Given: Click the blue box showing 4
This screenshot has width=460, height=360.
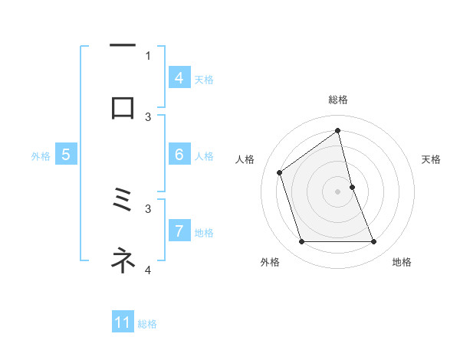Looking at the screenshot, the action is pos(179,78).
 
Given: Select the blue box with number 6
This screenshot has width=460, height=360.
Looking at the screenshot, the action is pos(179,155).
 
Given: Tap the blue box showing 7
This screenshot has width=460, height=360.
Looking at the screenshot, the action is pos(179,231).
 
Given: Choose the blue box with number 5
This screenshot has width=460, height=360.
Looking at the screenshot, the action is pos(66,155).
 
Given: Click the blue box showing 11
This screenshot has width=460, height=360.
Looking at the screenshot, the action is pos(123,322).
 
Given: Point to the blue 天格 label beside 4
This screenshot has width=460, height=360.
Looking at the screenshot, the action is pos(204,79).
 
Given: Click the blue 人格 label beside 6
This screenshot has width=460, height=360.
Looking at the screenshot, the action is pos(204,155).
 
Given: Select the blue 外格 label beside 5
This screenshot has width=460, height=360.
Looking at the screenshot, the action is pos(41,155).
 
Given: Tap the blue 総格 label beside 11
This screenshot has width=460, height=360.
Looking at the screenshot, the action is pos(147,323).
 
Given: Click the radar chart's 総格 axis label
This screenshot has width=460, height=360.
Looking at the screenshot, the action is pos(338,100).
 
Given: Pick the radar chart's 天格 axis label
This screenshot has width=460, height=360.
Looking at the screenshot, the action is pos(432,159).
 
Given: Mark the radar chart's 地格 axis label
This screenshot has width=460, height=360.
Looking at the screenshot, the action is pos(402,262).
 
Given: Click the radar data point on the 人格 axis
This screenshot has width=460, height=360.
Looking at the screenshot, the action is pos(280,172).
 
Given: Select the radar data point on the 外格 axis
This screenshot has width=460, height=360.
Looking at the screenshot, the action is pos(301,242).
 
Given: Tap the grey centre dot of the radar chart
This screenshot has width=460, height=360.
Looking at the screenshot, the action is pos(338,191).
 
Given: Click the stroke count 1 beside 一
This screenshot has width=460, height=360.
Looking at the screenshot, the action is pos(148,55).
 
